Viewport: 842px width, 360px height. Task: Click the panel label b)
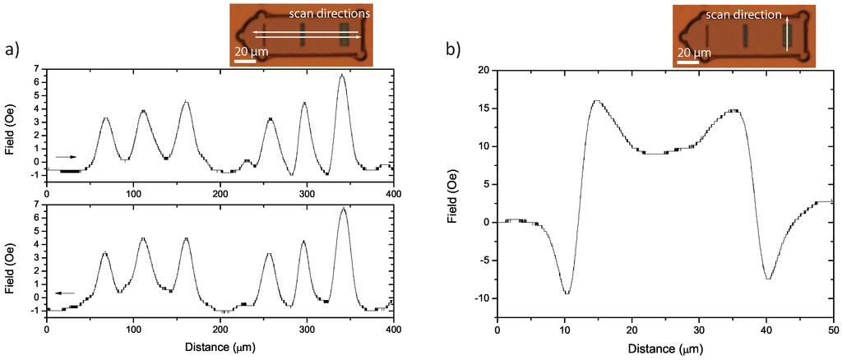tap(454, 50)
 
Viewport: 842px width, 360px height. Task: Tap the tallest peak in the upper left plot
tap(342, 75)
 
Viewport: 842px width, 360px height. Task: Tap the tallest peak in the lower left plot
tap(343, 209)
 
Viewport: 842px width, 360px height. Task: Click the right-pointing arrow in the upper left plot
tap(66, 156)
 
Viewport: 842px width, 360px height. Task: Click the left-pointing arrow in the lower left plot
tap(65, 293)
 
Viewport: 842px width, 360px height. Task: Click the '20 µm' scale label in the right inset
tap(693, 52)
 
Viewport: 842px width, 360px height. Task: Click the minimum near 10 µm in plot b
tap(567, 293)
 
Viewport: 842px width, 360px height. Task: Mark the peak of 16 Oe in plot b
tap(596, 101)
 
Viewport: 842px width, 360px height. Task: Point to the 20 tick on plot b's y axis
tap(484, 70)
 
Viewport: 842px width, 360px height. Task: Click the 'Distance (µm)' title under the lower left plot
tap(220, 348)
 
